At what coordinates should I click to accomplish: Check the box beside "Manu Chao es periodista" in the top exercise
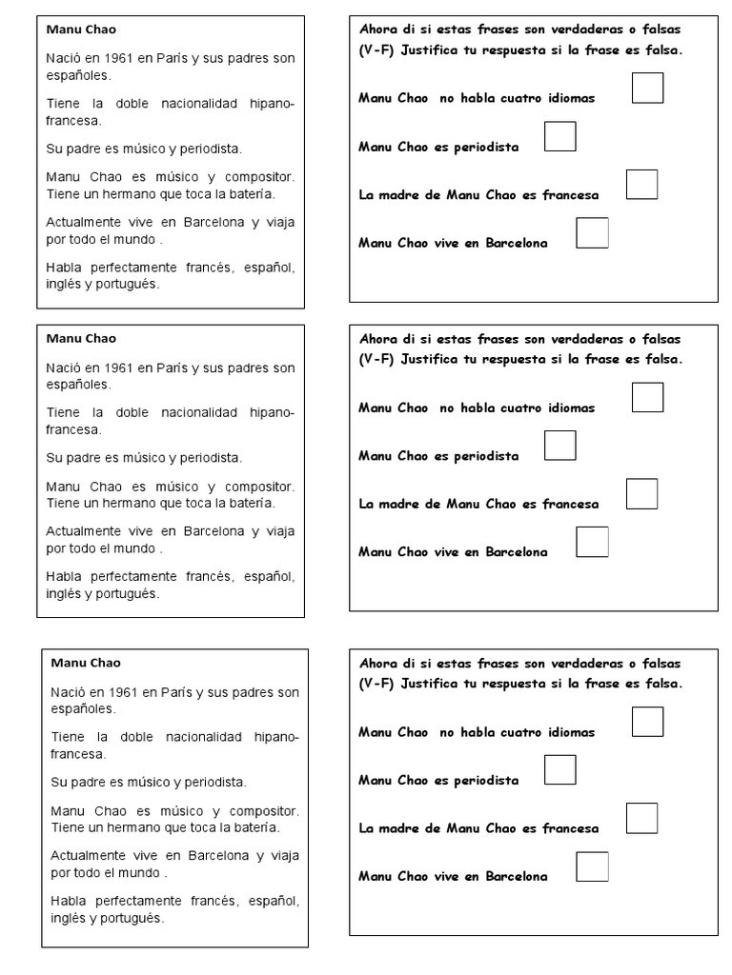click(559, 136)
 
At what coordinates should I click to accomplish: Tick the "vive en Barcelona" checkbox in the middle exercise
click(593, 542)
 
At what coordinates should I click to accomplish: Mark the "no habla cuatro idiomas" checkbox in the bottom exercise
click(647, 722)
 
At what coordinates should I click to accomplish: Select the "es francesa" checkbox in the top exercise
click(641, 185)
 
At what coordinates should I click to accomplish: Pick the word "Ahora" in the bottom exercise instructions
click(377, 663)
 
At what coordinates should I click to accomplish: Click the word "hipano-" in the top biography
click(272, 104)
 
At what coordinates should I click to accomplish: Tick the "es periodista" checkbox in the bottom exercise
click(559, 769)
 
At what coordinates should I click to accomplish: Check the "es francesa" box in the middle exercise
click(641, 494)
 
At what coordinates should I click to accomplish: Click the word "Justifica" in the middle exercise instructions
click(428, 360)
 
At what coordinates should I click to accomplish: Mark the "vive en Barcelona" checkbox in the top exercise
click(593, 233)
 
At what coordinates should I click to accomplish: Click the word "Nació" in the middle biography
click(62, 368)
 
